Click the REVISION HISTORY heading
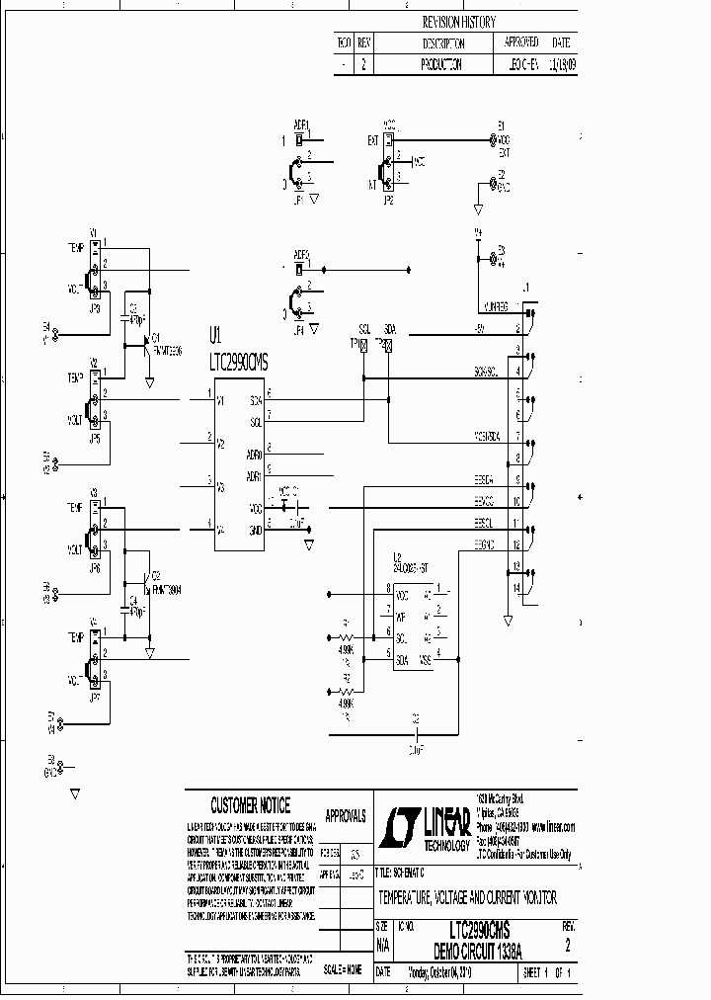pyautogui.click(x=458, y=21)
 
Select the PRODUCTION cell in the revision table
pyautogui.click(x=441, y=62)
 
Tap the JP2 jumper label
pyautogui.click(x=388, y=199)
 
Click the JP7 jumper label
pyautogui.click(x=95, y=697)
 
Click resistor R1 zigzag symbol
pyautogui.click(x=345, y=637)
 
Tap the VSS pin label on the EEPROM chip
pyautogui.click(x=426, y=659)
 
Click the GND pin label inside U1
pyautogui.click(x=255, y=531)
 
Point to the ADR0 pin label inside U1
pyautogui.click(x=254, y=455)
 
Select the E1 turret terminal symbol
pyautogui.click(x=493, y=140)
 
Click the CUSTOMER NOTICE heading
pyautogui.click(x=250, y=806)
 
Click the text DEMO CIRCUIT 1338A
pyautogui.click(x=479, y=948)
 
